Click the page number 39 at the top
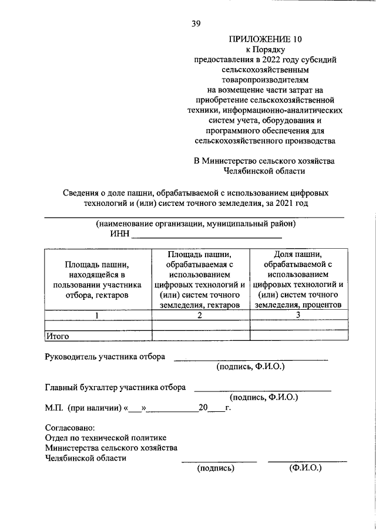pyautogui.click(x=196, y=23)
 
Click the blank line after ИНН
pyautogui.click(x=206, y=236)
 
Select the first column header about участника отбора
pyautogui.click(x=98, y=279)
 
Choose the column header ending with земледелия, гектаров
pyautogui.click(x=200, y=279)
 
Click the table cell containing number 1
pyautogui.click(x=98, y=316)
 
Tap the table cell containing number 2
pyautogui.click(x=200, y=316)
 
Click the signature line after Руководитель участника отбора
pyautogui.click(x=250, y=358)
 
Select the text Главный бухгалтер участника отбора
pyautogui.click(x=116, y=387)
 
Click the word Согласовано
pyautogui.click(x=70, y=428)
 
